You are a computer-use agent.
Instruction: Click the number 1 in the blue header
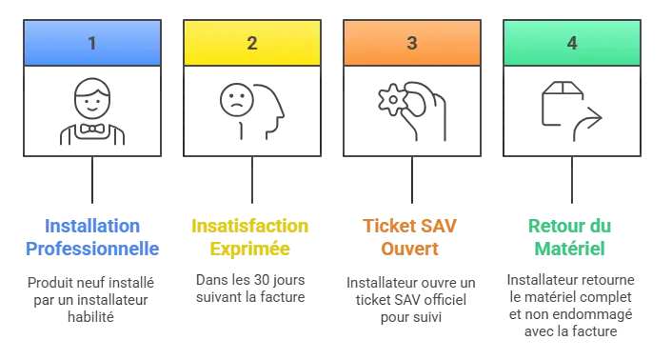(x=91, y=43)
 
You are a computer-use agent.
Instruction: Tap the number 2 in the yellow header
(x=251, y=43)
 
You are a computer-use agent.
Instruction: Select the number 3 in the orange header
(x=411, y=43)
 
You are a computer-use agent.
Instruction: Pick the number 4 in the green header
(x=571, y=43)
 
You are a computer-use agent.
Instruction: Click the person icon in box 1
(x=91, y=112)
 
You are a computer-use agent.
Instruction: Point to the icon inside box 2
(x=249, y=110)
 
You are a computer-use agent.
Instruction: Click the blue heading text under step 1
(x=91, y=238)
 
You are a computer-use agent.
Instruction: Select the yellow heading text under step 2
(x=251, y=238)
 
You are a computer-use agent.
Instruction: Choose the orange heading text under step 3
(x=411, y=238)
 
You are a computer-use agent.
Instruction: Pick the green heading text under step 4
(x=571, y=238)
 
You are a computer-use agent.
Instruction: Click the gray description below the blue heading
(x=91, y=297)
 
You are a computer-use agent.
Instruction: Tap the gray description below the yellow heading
(x=251, y=290)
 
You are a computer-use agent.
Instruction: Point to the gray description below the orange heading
(x=411, y=299)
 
